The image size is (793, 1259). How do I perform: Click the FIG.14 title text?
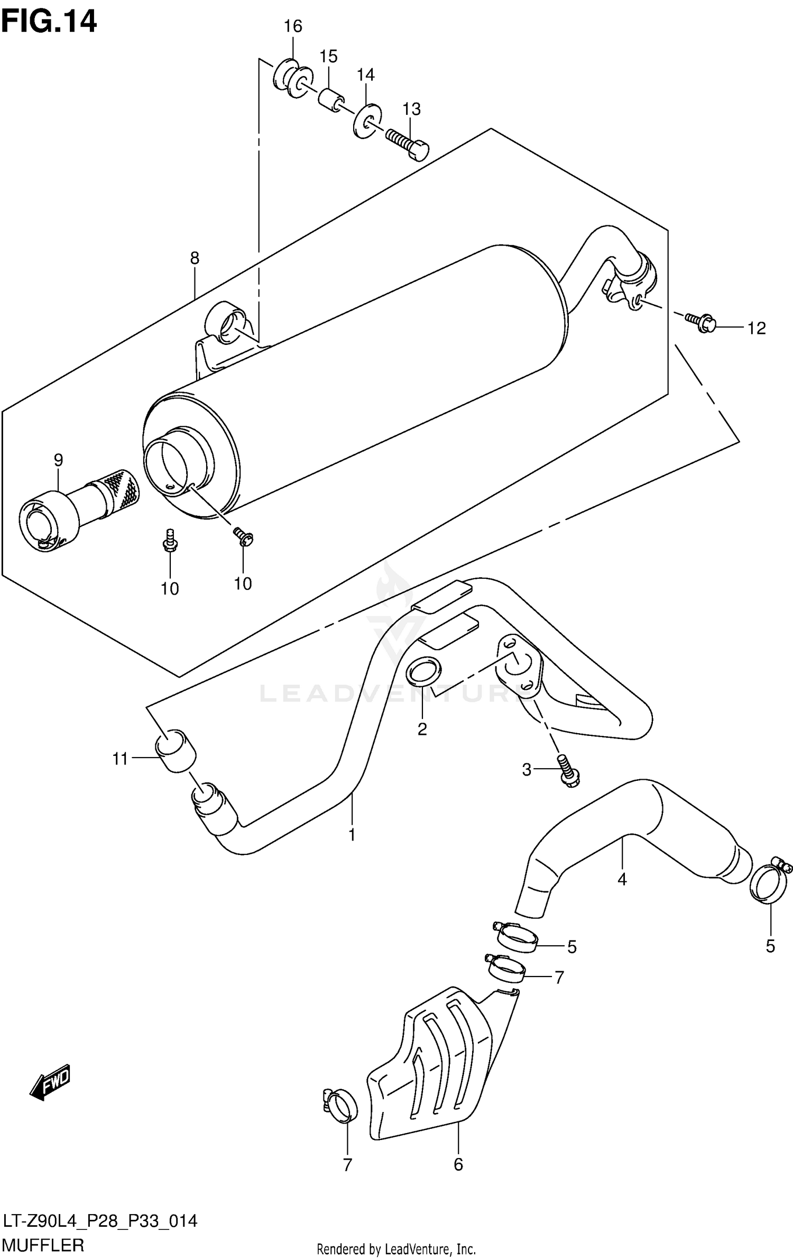(x=49, y=22)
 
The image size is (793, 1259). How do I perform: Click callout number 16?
(x=293, y=26)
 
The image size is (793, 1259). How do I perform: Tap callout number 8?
(x=195, y=258)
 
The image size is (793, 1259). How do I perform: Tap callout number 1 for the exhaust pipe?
(x=352, y=835)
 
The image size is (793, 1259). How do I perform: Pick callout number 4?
(x=622, y=879)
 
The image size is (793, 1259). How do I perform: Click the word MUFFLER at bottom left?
(x=43, y=1245)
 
